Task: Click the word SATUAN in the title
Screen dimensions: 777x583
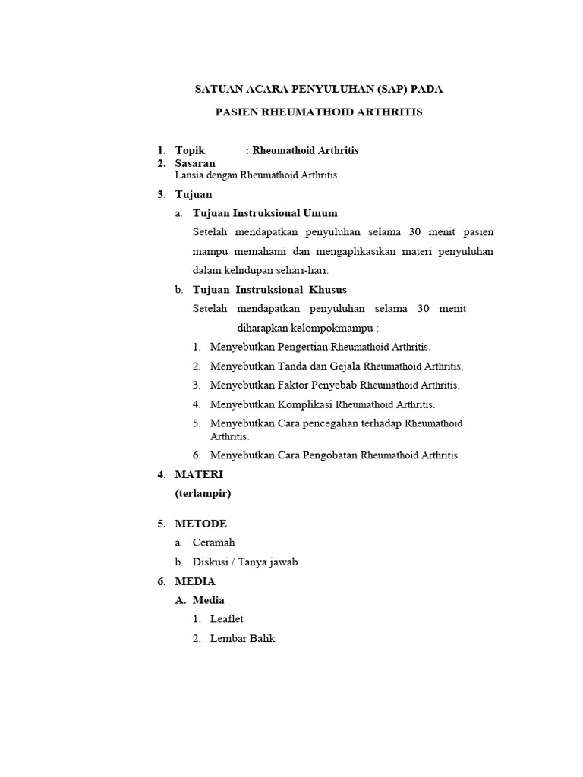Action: pyautogui.click(x=216, y=89)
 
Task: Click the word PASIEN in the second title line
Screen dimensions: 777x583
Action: pyautogui.click(x=236, y=112)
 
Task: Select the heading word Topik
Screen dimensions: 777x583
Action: pyautogui.click(x=190, y=150)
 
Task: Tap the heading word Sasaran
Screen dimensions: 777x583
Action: pyautogui.click(x=195, y=163)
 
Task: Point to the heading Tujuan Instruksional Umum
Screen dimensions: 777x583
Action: pyautogui.click(x=265, y=213)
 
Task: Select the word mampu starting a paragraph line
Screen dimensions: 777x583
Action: pyautogui.click(x=209, y=251)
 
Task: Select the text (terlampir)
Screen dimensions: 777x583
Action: pyautogui.click(x=203, y=493)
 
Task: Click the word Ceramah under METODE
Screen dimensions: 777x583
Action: pyautogui.click(x=215, y=543)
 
